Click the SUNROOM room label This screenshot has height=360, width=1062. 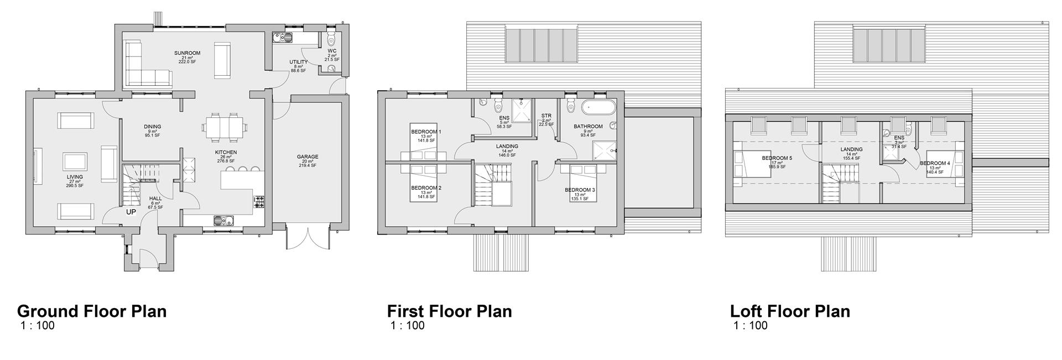click(187, 54)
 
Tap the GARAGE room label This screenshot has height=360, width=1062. click(308, 157)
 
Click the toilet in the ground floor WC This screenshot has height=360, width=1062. click(331, 39)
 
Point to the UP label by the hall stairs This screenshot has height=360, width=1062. click(131, 212)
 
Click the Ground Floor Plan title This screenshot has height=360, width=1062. click(92, 311)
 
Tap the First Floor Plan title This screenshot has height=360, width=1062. click(449, 311)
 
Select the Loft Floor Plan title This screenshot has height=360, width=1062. click(790, 311)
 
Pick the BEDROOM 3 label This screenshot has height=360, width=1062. click(580, 190)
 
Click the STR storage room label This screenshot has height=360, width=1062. click(546, 116)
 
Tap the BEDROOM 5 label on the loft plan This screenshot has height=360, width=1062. click(777, 159)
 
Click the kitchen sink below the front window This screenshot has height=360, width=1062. click(225, 220)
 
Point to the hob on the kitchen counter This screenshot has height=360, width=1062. click(259, 202)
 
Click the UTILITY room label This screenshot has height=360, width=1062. click(298, 62)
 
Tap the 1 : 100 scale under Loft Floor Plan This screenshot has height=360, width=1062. click(751, 326)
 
